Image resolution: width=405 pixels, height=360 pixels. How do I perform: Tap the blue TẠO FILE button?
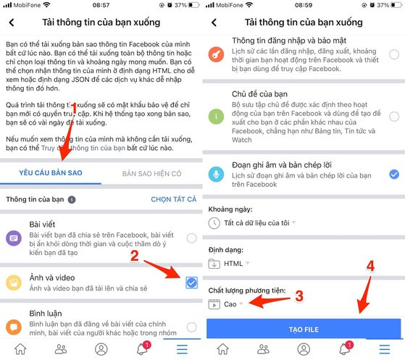(x=304, y=329)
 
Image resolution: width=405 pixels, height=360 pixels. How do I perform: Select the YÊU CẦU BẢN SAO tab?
(x=51, y=173)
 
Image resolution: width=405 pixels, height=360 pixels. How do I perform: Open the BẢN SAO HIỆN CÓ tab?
(x=151, y=174)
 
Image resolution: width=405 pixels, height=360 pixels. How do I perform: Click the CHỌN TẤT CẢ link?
(x=174, y=199)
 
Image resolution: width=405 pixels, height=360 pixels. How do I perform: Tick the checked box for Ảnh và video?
(x=192, y=282)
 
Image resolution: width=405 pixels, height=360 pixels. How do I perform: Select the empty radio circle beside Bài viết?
(x=192, y=238)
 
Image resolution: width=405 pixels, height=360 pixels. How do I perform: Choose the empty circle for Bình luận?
(x=192, y=327)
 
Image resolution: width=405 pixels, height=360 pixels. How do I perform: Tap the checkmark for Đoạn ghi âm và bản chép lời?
(x=394, y=175)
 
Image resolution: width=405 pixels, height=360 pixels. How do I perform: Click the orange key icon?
(x=216, y=54)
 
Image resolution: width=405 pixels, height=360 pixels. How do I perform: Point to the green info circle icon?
(x=216, y=117)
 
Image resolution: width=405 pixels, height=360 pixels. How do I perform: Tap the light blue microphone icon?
(x=216, y=175)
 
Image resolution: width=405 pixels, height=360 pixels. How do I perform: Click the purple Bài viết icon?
(x=14, y=238)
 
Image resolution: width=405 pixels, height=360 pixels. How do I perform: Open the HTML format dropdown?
(x=229, y=264)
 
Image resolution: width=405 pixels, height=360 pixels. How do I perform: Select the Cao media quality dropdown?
(x=225, y=304)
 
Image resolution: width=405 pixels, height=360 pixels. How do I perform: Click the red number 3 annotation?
(x=299, y=296)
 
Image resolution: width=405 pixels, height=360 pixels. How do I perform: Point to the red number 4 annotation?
(x=370, y=266)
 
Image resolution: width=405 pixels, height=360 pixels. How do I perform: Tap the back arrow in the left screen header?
(x=12, y=22)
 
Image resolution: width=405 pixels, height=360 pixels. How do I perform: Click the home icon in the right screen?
(x=222, y=349)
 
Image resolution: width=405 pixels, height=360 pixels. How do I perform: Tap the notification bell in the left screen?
(x=142, y=349)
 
